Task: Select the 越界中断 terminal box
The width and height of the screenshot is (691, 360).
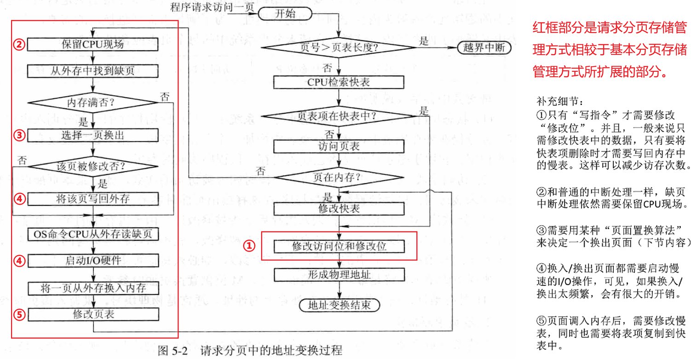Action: [483, 48]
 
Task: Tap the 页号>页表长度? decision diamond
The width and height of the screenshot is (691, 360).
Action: [339, 48]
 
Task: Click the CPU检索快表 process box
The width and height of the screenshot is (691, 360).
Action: [339, 82]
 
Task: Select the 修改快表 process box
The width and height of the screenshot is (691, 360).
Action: [339, 208]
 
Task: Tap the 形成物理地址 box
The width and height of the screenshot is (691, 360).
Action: [339, 275]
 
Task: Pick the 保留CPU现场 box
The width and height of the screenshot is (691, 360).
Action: [93, 45]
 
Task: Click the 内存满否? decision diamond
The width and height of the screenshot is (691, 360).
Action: [93, 102]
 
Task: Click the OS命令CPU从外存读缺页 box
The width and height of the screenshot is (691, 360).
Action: [93, 234]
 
